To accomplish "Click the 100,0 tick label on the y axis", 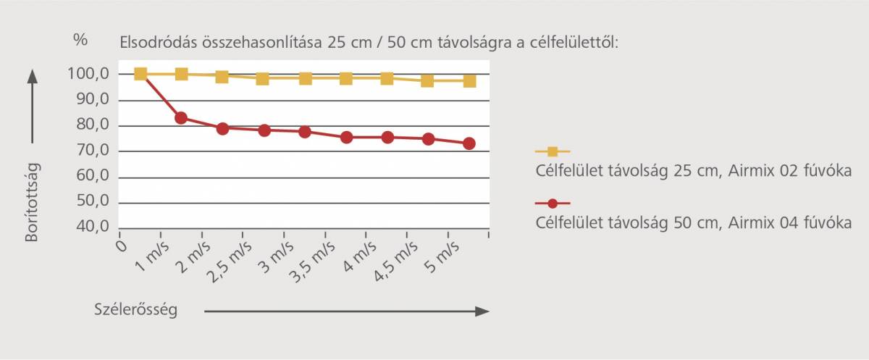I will coord(88,74).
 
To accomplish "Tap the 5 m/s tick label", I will coord(440,254).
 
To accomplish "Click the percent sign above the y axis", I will coord(80,40).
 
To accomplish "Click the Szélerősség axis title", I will coord(136,310).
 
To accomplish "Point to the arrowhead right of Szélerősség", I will coord(483,311).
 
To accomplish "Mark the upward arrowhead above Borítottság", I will coord(32,74).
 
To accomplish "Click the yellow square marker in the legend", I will coord(553,151).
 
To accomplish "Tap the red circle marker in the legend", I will coord(553,204).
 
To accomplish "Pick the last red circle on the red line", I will coord(469,143).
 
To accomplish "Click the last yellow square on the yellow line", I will coord(469,80).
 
